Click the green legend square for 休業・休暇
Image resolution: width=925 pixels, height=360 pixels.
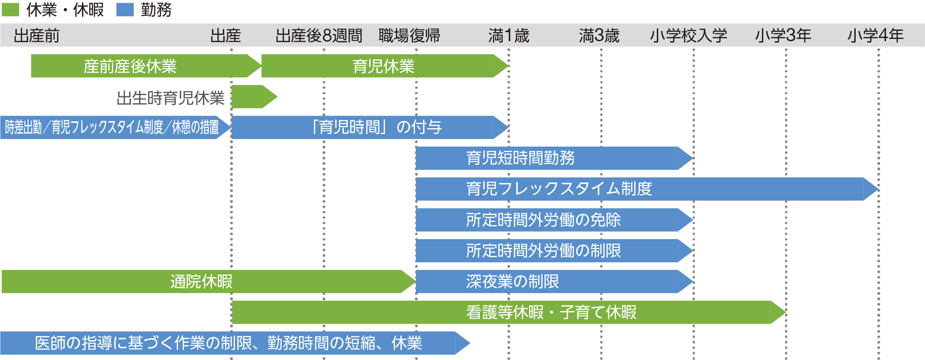[10, 10]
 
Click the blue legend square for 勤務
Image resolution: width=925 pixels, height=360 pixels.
[125, 10]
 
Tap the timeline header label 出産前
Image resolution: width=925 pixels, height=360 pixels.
[37, 35]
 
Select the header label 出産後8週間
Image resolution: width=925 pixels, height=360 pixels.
[319, 35]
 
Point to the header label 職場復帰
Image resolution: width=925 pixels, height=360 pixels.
[409, 35]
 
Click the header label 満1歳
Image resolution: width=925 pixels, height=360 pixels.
[509, 35]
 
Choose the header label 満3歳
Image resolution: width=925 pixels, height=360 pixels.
[599, 35]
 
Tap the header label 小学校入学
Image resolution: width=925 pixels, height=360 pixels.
[689, 35]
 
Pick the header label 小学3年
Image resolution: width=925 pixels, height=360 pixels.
[783, 35]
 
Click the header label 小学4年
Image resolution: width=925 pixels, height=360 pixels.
[875, 35]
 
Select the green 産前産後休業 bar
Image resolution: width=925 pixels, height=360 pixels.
[130, 66]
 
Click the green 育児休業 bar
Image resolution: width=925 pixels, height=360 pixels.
[383, 66]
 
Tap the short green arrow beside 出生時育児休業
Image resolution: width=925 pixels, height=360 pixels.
[252, 96]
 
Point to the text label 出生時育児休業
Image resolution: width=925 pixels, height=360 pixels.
[170, 97]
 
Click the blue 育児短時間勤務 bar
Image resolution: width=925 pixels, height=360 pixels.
[521, 158]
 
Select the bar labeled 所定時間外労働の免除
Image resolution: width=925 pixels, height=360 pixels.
[544, 220]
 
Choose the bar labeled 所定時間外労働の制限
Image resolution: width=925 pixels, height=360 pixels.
[544, 251]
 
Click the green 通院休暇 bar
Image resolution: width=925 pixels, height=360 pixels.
[201, 282]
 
